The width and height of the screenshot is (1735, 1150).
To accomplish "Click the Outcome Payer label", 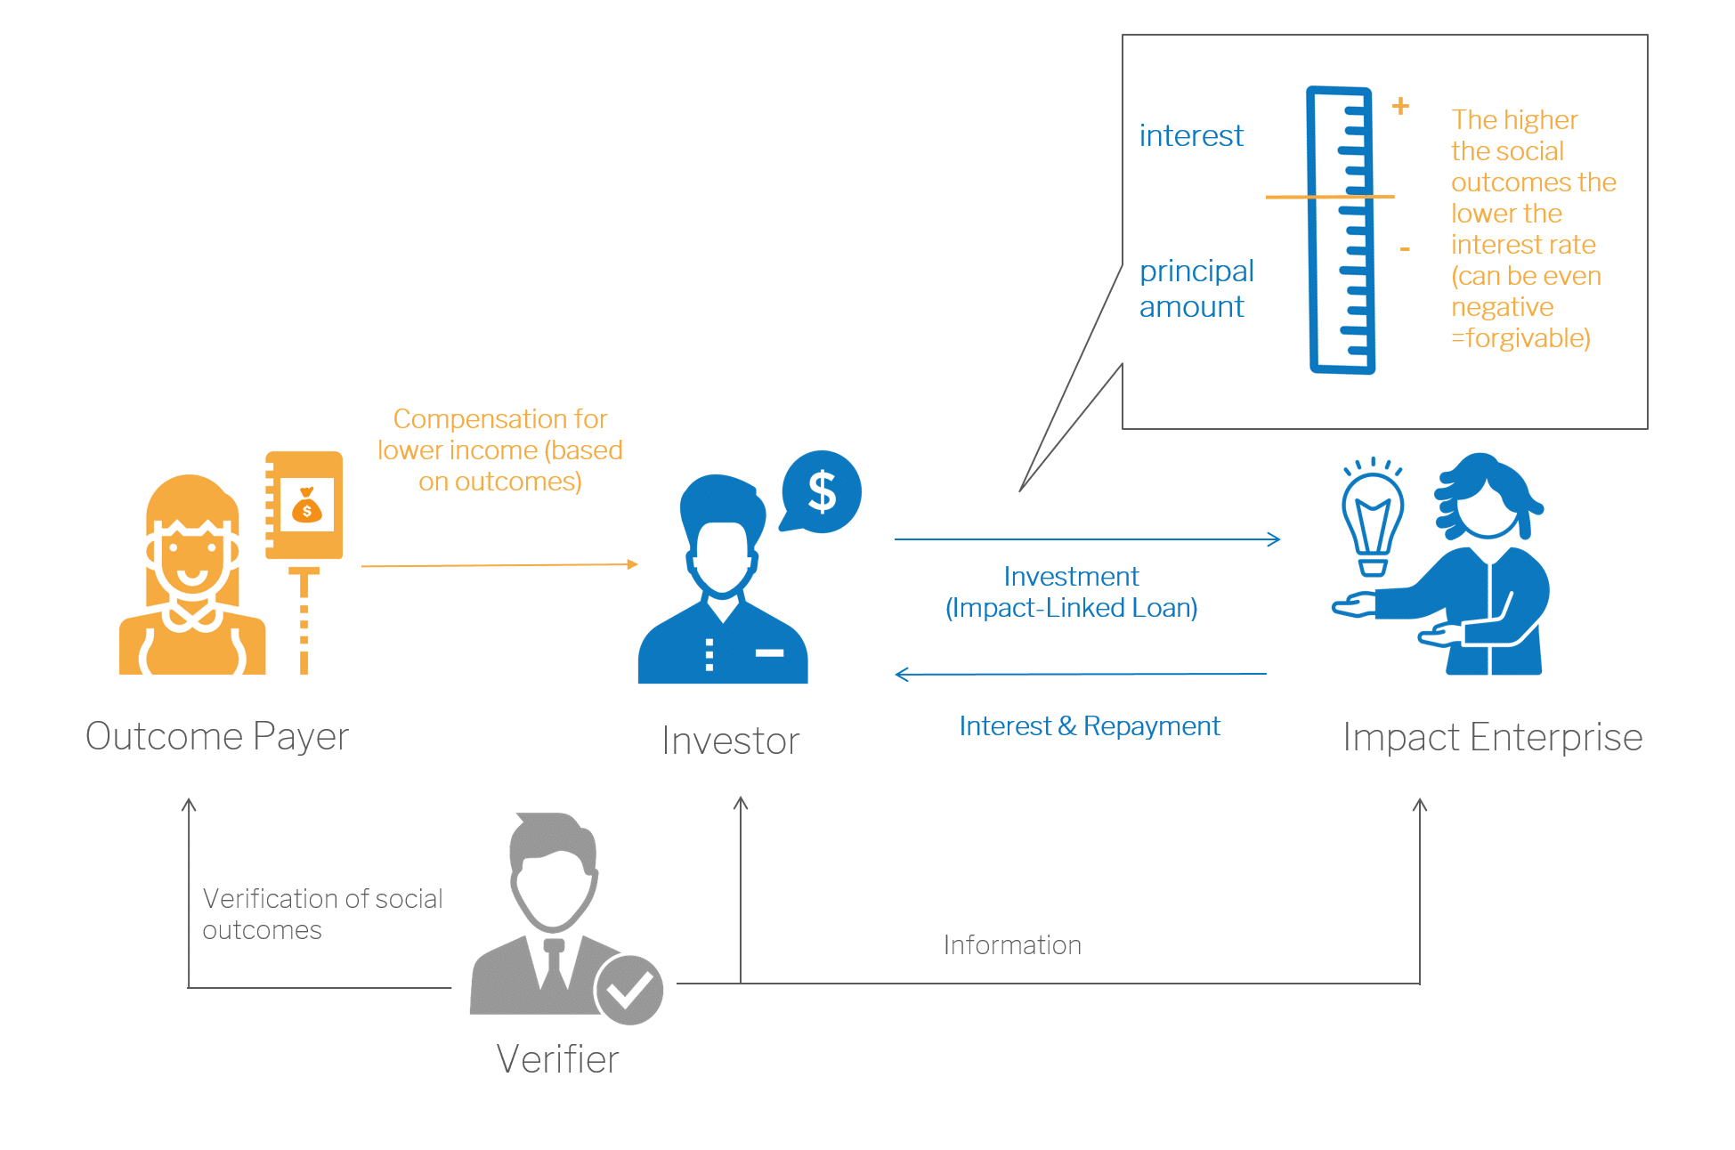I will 217,736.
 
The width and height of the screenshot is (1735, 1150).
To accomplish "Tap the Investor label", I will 730,741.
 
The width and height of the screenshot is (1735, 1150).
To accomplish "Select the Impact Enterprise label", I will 1492,737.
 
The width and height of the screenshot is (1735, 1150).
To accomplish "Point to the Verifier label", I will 557,1059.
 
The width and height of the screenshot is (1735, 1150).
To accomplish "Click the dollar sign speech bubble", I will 821,492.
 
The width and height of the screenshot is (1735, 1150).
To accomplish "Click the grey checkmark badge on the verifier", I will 628,989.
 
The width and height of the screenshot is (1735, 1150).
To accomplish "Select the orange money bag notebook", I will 304,506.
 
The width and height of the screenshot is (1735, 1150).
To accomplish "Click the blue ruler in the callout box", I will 1341,230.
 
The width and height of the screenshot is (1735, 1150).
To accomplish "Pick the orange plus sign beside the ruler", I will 1400,106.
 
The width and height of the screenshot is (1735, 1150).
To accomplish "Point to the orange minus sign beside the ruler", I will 1405,249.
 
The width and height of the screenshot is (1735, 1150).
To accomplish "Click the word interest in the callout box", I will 1191,136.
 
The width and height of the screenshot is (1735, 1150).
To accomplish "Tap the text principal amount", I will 1196,288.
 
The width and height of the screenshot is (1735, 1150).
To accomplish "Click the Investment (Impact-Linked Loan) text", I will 1071,592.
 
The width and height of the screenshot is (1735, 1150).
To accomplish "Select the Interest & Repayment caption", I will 1089,726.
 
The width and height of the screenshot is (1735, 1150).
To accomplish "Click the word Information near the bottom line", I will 1012,944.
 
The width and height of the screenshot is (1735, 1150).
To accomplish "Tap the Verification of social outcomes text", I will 321,914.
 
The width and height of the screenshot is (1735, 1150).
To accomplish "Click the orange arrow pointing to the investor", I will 499,565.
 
